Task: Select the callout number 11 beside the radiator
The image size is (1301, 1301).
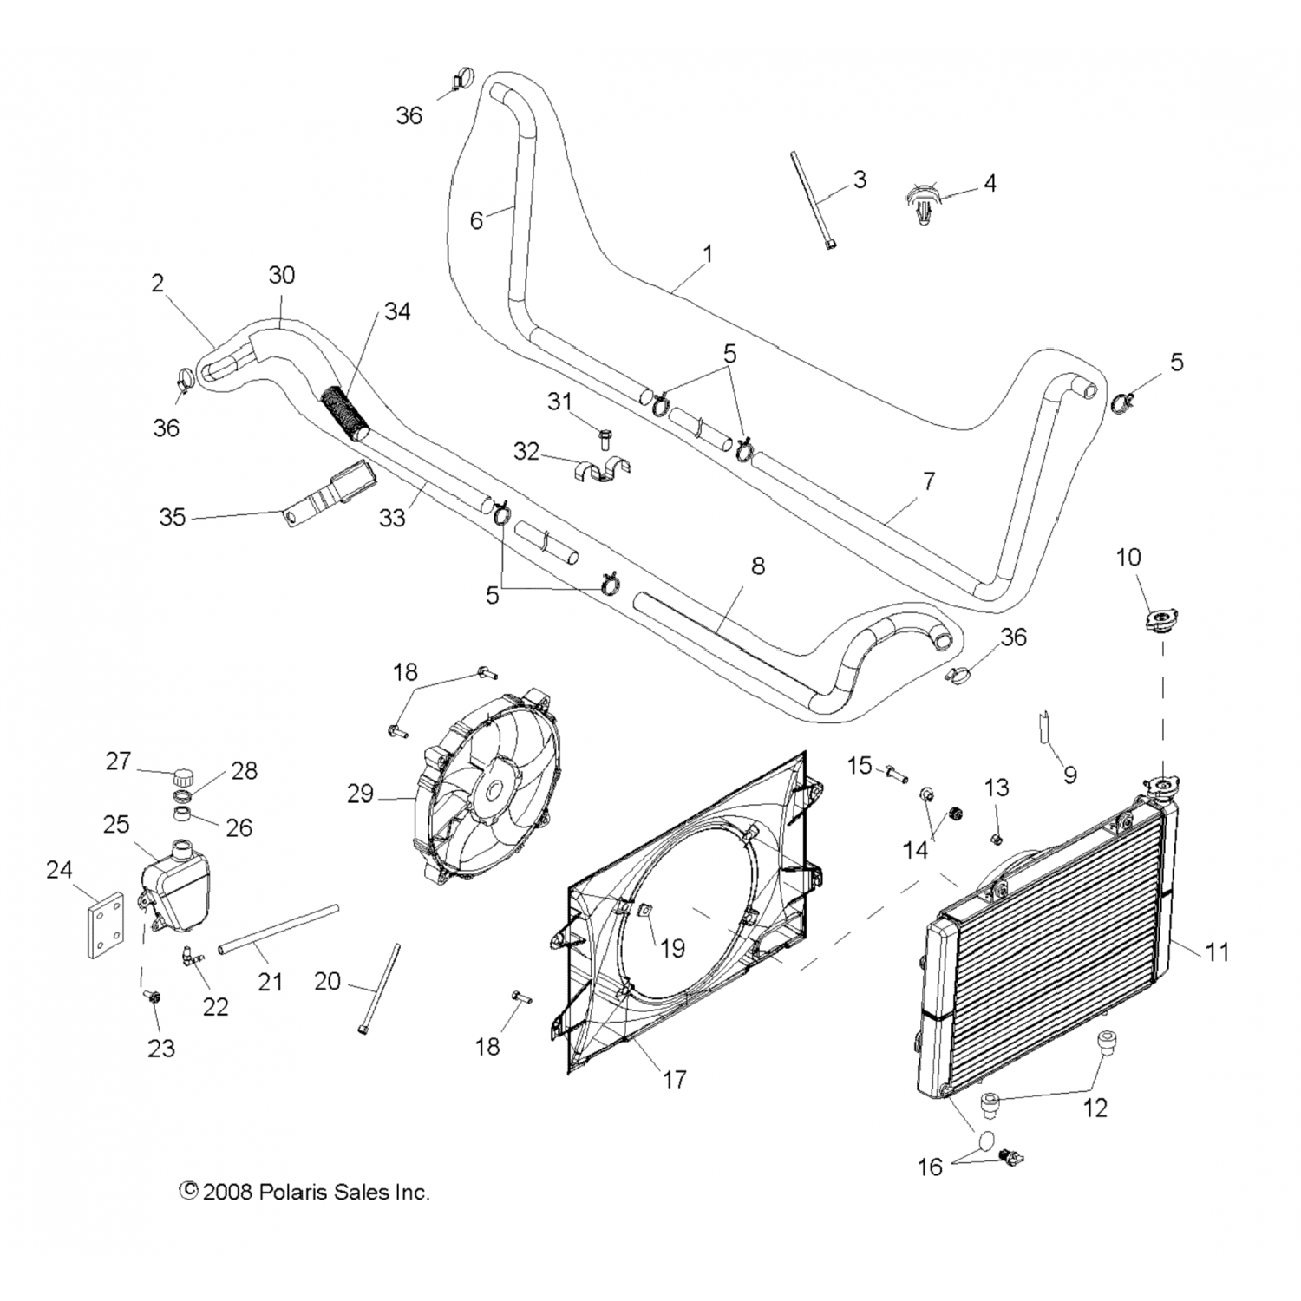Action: [1217, 951]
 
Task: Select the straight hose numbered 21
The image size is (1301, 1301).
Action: [278, 929]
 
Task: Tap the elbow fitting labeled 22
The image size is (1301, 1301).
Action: [193, 958]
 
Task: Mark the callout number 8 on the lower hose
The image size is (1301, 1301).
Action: [757, 566]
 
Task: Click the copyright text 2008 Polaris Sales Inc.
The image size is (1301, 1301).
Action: [304, 1192]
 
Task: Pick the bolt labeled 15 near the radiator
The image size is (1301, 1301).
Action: [896, 771]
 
